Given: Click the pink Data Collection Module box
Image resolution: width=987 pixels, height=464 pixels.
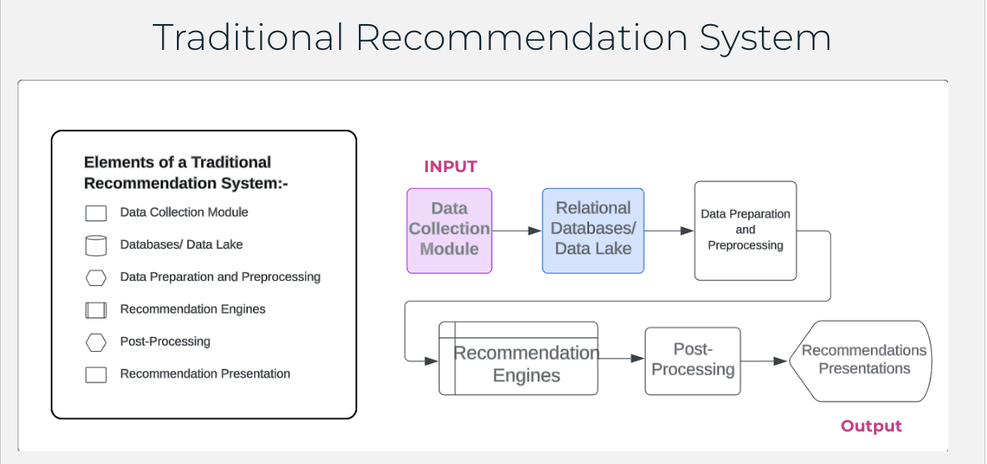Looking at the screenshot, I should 449,230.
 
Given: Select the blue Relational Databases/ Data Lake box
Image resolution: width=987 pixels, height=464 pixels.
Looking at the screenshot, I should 592,230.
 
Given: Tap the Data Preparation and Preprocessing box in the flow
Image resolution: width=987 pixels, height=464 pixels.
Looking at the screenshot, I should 745,230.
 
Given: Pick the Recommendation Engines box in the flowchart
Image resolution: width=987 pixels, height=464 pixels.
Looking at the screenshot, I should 518,358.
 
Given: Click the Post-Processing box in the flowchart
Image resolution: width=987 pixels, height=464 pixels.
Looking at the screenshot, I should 692,361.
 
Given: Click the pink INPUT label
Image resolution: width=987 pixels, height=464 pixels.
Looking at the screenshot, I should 450,166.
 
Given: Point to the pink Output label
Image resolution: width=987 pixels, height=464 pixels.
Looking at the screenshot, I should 871,427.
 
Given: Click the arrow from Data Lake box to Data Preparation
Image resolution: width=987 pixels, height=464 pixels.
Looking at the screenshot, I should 669,230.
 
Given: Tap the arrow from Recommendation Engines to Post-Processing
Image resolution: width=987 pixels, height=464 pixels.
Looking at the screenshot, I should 621,358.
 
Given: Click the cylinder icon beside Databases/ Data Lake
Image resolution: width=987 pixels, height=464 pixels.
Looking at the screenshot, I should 96,245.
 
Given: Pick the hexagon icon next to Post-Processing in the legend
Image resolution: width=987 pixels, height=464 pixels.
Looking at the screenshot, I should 96,342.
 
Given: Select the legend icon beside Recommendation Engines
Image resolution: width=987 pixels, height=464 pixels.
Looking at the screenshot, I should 96,310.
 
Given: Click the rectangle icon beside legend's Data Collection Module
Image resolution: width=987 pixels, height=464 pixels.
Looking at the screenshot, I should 96,213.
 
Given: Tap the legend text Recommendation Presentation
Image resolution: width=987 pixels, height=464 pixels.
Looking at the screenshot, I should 205,374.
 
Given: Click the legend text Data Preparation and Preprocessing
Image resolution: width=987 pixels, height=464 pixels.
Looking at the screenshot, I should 220,277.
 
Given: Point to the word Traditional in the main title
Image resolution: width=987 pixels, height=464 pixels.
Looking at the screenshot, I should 248,38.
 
